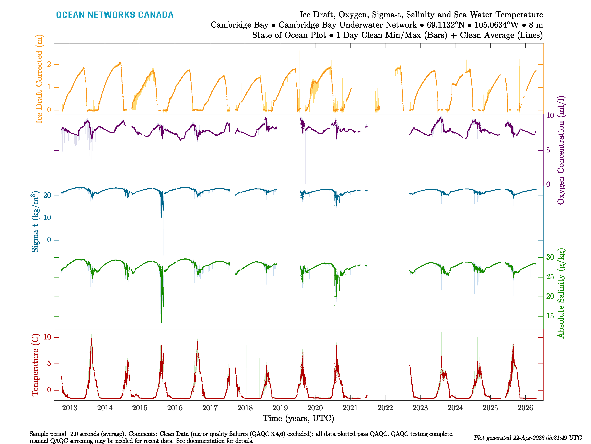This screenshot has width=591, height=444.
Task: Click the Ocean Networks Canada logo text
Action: click(115, 15)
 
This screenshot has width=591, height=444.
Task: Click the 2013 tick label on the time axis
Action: click(70, 408)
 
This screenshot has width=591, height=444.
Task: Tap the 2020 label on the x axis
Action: click(315, 408)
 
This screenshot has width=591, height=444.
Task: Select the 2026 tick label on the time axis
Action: click(525, 408)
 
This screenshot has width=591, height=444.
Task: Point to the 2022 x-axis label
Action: click(385, 408)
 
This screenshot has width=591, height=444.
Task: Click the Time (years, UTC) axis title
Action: click(298, 418)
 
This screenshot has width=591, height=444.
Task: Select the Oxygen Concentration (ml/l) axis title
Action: click(561, 150)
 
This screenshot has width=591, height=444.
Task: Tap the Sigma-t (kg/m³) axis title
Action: click(35, 222)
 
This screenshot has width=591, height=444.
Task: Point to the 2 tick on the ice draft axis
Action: click(49, 65)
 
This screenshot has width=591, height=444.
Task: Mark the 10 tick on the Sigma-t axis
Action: click(47, 218)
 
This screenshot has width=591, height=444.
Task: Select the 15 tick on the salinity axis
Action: click(550, 316)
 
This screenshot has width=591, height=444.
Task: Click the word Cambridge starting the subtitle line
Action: click(239, 25)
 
